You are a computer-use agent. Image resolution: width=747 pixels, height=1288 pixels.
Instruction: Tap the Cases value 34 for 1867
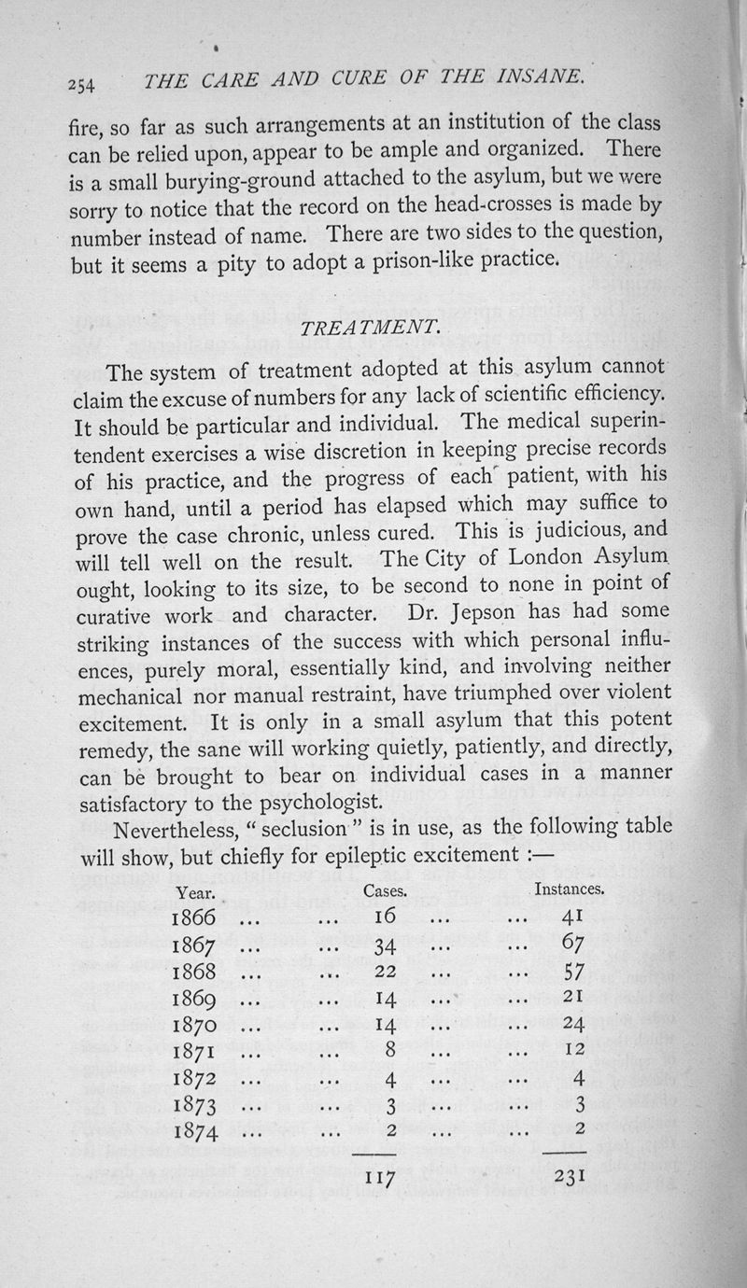coord(387,946)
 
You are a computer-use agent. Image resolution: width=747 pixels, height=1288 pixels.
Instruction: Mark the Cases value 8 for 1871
coord(391,1054)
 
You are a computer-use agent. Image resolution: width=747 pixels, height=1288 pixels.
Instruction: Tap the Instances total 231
coord(569,1178)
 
